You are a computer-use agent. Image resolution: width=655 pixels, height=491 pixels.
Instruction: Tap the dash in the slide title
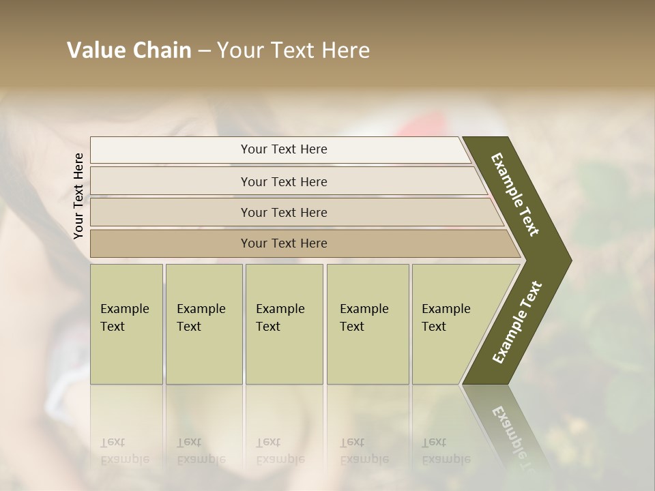tap(204, 51)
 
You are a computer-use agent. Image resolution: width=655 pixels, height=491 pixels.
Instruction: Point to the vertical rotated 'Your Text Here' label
tap(78, 196)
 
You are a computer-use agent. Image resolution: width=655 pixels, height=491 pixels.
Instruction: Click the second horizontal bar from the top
tap(284, 181)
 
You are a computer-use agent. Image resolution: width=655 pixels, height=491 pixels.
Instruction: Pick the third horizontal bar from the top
tap(284, 212)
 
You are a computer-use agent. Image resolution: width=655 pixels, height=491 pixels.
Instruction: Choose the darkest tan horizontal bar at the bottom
tap(284, 243)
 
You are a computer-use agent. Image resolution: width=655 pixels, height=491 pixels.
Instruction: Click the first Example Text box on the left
tap(126, 323)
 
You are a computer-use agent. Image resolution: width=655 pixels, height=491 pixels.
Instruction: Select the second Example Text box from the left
tap(204, 323)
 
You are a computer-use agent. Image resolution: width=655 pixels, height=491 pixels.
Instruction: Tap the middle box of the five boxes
tap(284, 323)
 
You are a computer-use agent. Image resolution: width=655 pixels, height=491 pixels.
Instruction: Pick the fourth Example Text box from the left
tap(368, 323)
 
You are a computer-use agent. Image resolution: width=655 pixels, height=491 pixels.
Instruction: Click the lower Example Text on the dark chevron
tap(517, 322)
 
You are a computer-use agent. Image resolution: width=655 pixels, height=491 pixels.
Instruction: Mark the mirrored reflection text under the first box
tap(123, 451)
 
